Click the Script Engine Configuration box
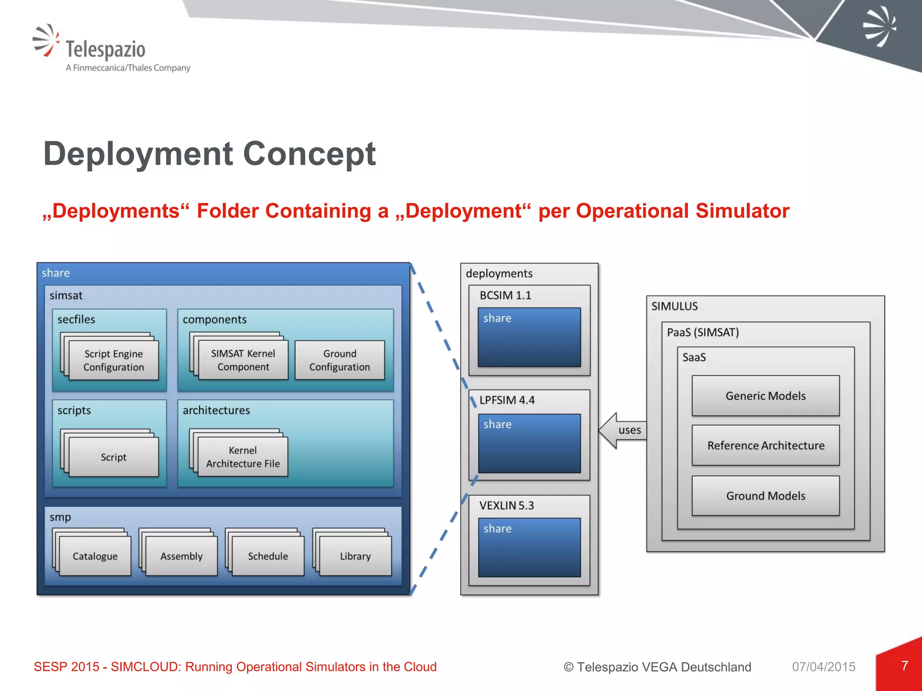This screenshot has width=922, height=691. click(113, 360)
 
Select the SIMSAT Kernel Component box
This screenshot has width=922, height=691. click(243, 360)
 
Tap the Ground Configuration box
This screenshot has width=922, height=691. click(339, 360)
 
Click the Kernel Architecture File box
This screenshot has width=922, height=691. click(243, 457)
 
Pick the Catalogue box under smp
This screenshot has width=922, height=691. click(95, 556)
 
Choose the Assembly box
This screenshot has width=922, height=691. click(181, 556)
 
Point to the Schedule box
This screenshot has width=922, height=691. click(268, 556)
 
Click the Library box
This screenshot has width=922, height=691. click(355, 556)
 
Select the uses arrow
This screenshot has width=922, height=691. click(624, 431)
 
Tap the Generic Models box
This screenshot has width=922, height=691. click(765, 396)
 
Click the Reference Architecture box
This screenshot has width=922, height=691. click(765, 445)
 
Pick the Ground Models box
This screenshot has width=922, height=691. click(765, 496)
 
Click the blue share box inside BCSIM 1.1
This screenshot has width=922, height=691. click(529, 337)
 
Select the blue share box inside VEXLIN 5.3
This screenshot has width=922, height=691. click(529, 547)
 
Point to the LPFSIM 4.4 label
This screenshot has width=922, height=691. click(507, 400)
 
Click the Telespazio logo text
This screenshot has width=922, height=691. click(106, 49)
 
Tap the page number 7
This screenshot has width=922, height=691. click(904, 666)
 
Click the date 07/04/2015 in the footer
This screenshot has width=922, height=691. click(823, 667)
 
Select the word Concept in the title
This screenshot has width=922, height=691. click(309, 154)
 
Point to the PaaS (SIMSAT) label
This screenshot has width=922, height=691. click(703, 332)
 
